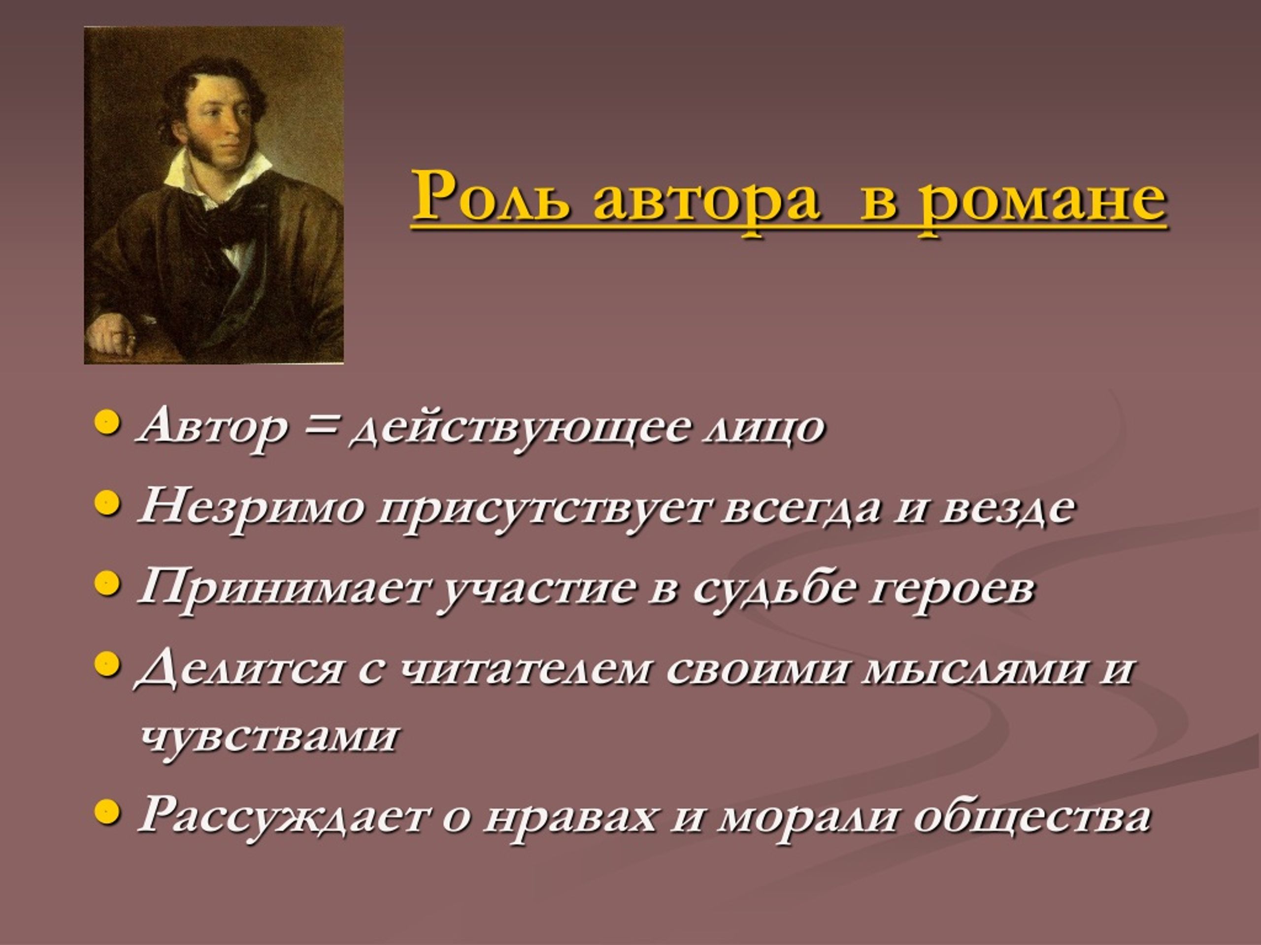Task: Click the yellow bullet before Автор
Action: click(107, 424)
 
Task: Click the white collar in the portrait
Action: click(217, 171)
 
